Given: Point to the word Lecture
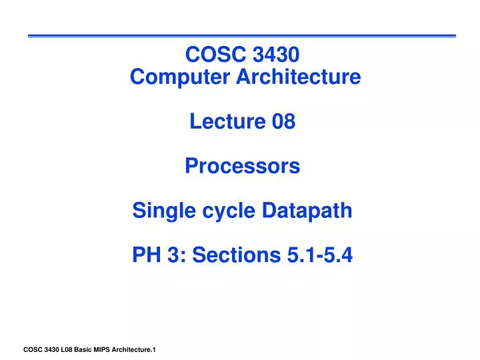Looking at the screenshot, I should tap(223, 122).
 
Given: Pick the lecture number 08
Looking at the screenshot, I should tap(283, 122).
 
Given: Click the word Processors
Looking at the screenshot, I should tap(242, 166).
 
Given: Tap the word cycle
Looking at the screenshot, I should tap(218, 211).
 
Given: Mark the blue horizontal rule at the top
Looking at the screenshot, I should tap(241, 35).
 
